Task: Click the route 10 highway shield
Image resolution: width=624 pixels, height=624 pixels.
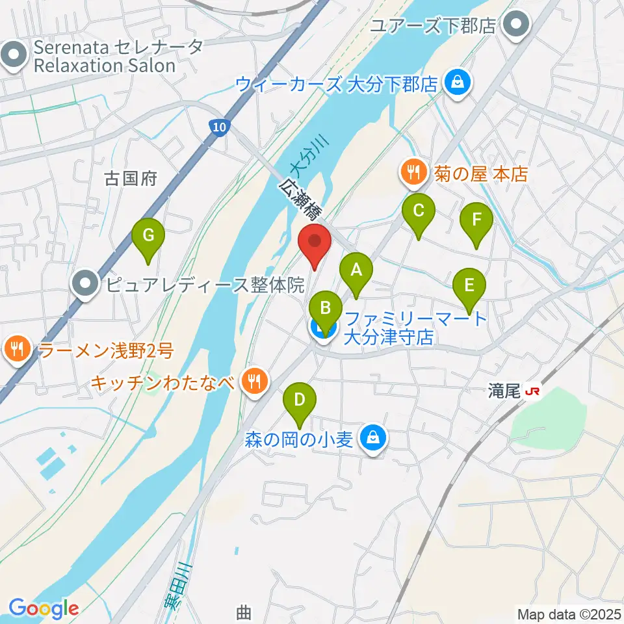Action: pyautogui.click(x=220, y=128)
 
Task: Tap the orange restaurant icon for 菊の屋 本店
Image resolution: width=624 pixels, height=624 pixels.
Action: pyautogui.click(x=413, y=173)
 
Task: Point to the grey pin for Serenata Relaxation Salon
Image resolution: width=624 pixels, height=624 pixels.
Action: pyautogui.click(x=14, y=56)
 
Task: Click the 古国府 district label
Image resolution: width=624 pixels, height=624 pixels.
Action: pyautogui.click(x=131, y=178)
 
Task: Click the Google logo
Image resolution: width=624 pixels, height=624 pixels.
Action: pyautogui.click(x=44, y=608)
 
